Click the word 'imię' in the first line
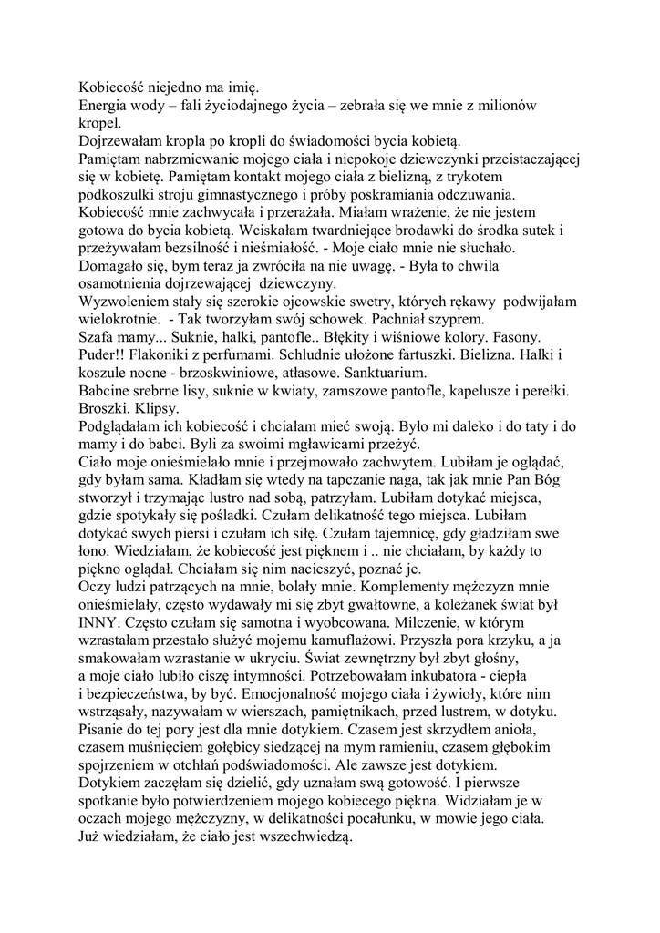pyautogui.click(x=243, y=87)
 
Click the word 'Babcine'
pyautogui.click(x=105, y=390)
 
